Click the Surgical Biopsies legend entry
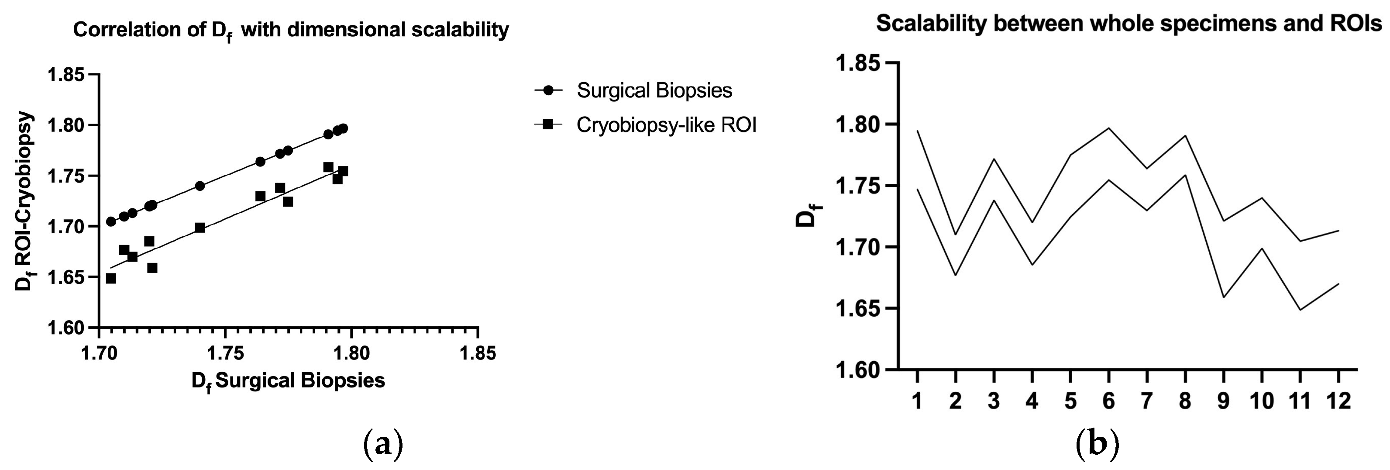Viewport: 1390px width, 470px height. click(x=654, y=91)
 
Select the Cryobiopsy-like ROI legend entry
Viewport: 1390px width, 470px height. click(x=666, y=125)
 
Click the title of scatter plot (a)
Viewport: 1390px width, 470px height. click(x=291, y=30)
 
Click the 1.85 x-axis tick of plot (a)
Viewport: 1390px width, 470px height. click(x=478, y=353)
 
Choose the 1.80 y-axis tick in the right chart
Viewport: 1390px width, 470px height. click(x=858, y=124)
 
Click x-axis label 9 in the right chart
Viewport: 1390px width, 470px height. click(x=1224, y=401)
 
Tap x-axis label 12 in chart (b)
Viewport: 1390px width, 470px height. click(x=1338, y=401)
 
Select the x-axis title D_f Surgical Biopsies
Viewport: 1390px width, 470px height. click(x=288, y=381)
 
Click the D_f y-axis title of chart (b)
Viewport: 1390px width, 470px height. click(x=807, y=216)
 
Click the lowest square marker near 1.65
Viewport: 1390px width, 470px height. click(x=111, y=278)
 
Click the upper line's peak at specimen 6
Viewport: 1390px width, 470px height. click(x=1108, y=128)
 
